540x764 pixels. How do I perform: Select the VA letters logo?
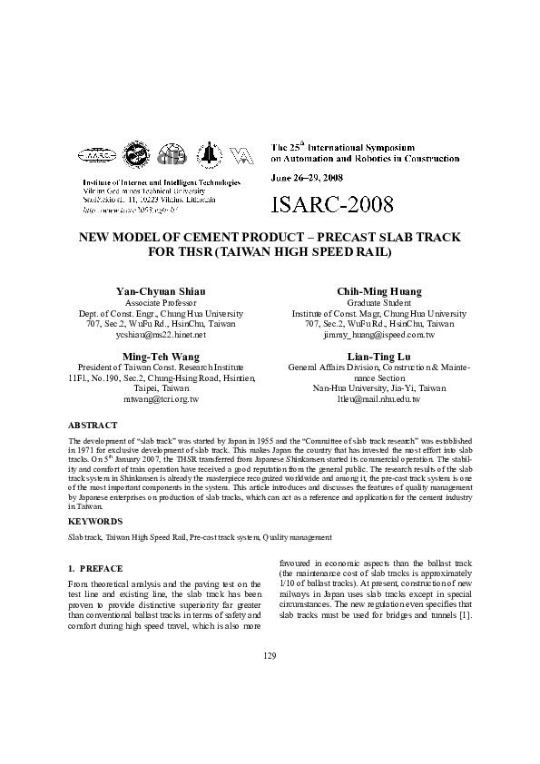[x=241, y=156]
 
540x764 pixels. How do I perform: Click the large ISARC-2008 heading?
[x=332, y=205]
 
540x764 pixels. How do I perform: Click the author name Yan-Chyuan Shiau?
[x=161, y=290]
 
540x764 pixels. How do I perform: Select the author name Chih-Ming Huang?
[x=378, y=290]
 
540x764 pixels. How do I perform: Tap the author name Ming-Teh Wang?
[x=161, y=356]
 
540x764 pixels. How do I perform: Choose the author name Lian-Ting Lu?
[x=378, y=356]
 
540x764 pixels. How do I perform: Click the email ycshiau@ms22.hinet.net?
[x=161, y=335]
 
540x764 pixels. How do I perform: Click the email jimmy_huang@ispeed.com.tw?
[x=378, y=335]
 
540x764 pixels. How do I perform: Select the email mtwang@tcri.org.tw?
[x=161, y=399]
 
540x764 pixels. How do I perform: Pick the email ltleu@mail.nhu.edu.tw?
[x=378, y=399]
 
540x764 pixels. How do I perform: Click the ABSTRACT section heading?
[x=93, y=425]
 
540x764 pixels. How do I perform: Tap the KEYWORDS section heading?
[x=96, y=522]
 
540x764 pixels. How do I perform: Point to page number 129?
[x=270, y=655]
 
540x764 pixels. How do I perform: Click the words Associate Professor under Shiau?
[x=161, y=302]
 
